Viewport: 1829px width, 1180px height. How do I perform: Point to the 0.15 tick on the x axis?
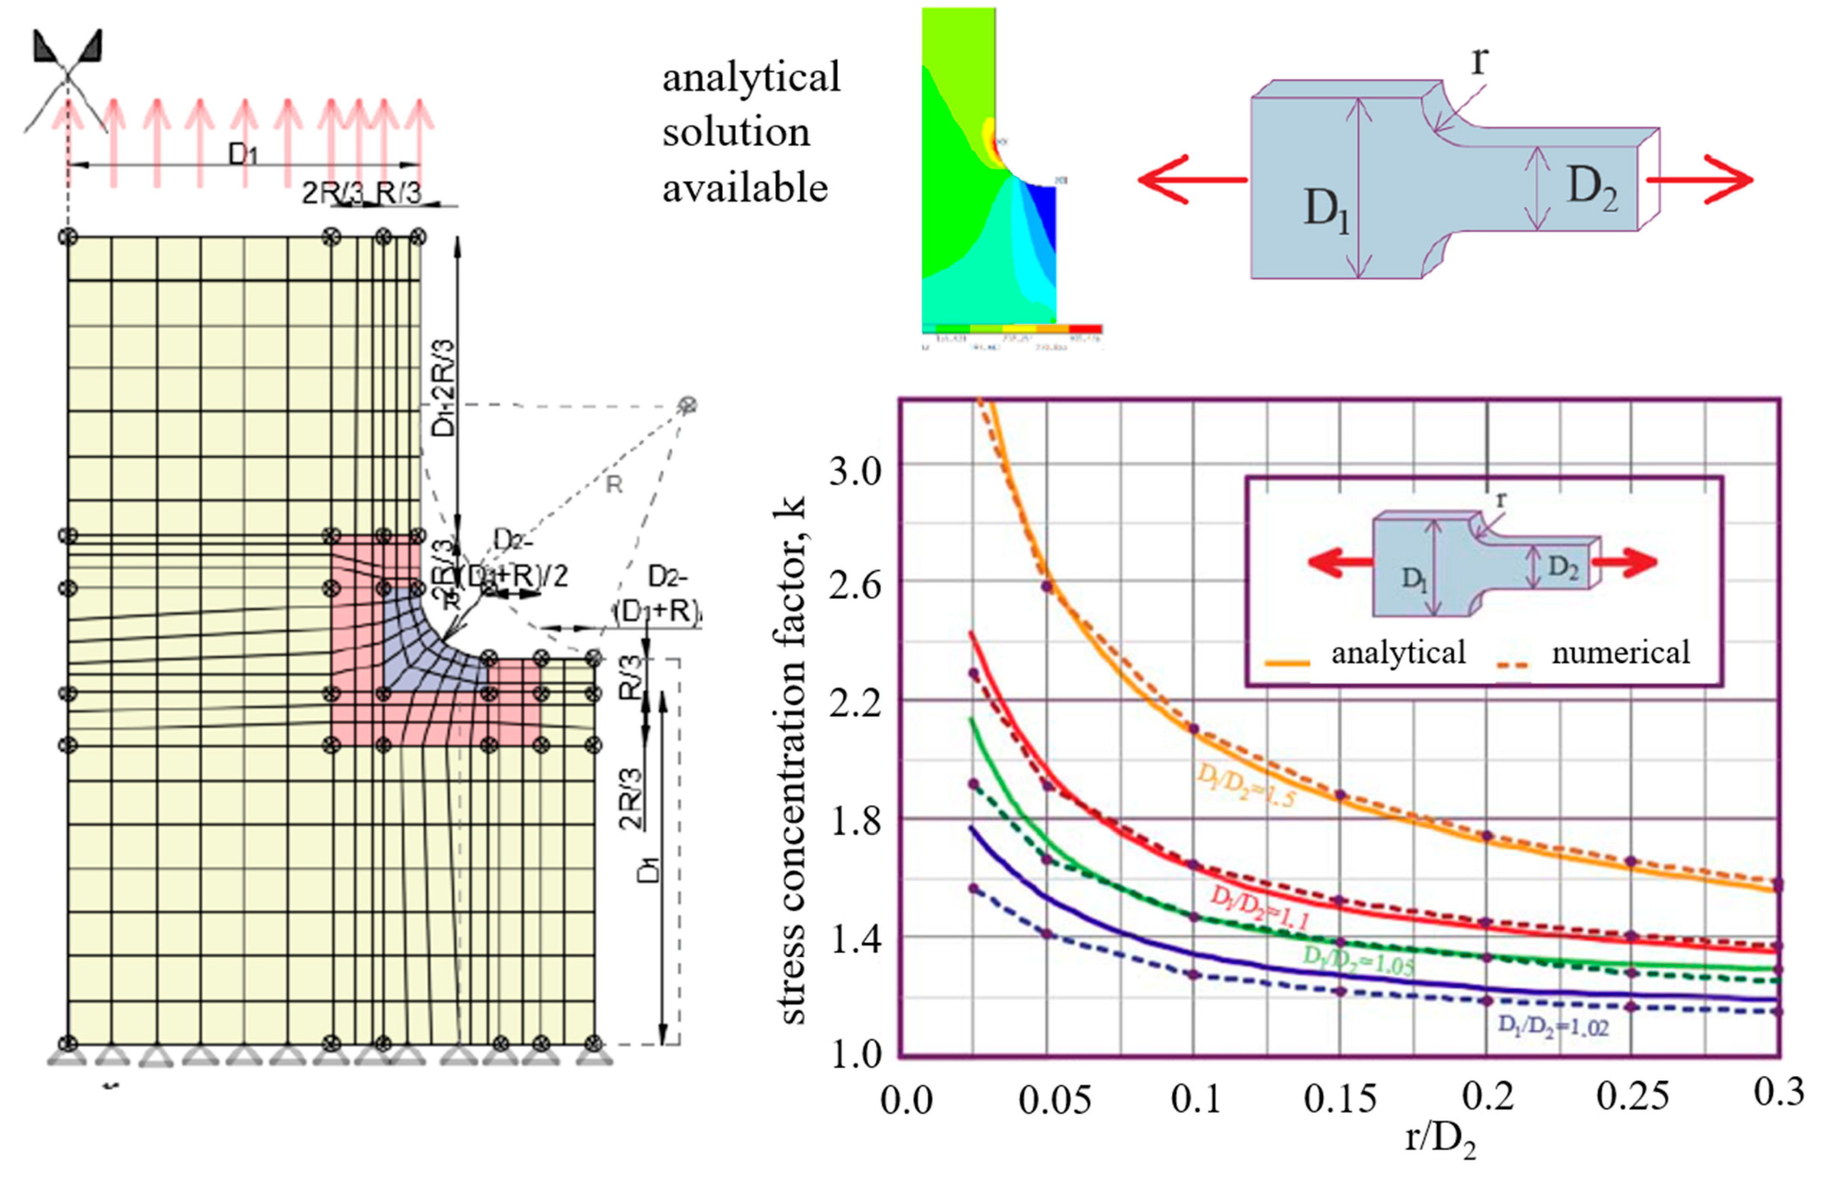pos(1340,1099)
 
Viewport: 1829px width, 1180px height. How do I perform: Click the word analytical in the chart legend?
pos(1398,653)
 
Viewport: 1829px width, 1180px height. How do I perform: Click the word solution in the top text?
pos(736,133)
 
